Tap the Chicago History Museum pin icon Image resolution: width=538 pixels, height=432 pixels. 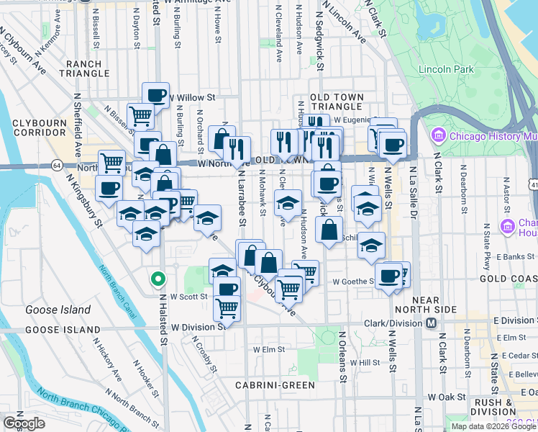click(437, 135)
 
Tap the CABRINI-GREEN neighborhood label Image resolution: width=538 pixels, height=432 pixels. click(275, 385)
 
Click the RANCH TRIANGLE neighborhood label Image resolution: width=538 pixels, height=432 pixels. click(84, 68)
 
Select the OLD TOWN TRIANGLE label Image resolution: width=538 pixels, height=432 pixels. click(347, 102)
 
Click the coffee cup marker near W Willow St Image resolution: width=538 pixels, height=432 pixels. click(155, 95)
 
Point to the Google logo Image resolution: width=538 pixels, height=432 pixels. click(24, 423)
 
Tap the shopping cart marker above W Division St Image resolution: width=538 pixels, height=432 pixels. click(227, 307)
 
